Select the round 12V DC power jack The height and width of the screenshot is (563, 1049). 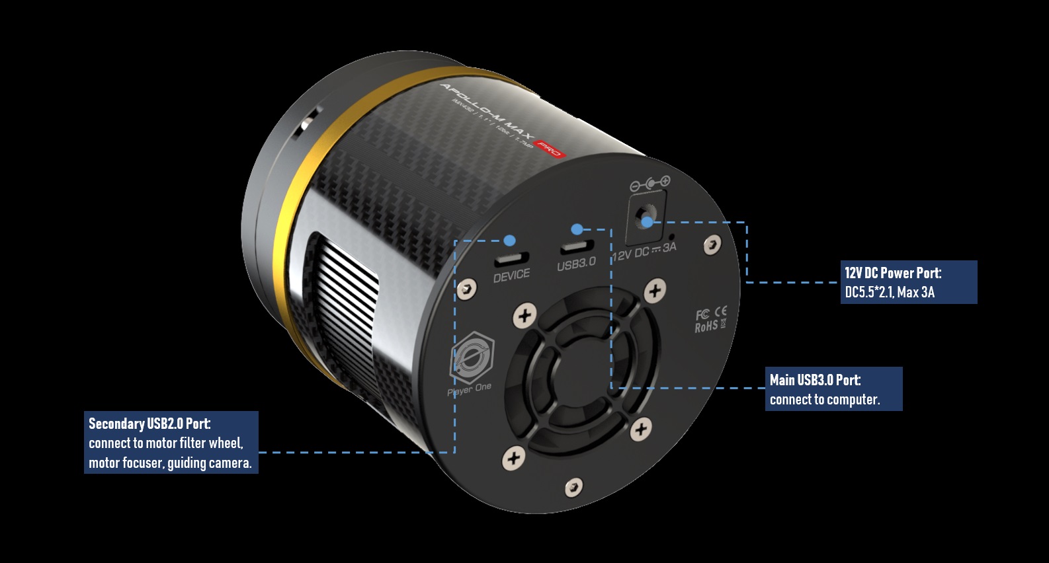(x=646, y=215)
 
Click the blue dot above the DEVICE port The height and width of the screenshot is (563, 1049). (x=509, y=240)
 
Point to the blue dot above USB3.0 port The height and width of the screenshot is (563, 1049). (x=577, y=229)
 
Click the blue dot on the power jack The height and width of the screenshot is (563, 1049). (x=647, y=222)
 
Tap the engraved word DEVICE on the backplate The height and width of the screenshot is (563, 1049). (x=511, y=275)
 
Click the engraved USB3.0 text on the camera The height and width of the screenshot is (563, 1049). (x=576, y=263)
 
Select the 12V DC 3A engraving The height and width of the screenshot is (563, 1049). (x=644, y=251)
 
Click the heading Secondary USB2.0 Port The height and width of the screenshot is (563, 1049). (x=149, y=424)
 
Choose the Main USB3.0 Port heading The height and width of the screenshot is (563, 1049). (x=815, y=380)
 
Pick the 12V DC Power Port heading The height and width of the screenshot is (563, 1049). (x=892, y=273)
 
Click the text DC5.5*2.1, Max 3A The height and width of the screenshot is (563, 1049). (x=890, y=292)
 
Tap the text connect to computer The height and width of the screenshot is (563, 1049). (x=824, y=399)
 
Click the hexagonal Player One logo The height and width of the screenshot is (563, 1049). (x=472, y=357)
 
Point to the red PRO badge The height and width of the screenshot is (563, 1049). (x=549, y=149)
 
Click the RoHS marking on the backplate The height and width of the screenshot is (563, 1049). (x=706, y=326)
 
